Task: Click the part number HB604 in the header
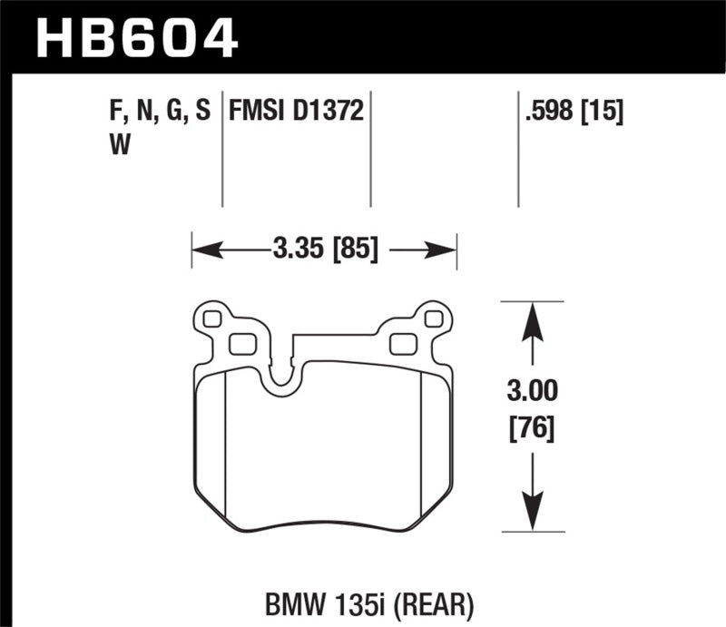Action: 136,38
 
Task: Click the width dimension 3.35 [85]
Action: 323,248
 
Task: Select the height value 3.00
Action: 532,393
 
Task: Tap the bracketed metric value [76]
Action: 532,426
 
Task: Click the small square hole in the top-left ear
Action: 213,318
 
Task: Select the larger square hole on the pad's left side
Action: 240,344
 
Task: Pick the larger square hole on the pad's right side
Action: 401,344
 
